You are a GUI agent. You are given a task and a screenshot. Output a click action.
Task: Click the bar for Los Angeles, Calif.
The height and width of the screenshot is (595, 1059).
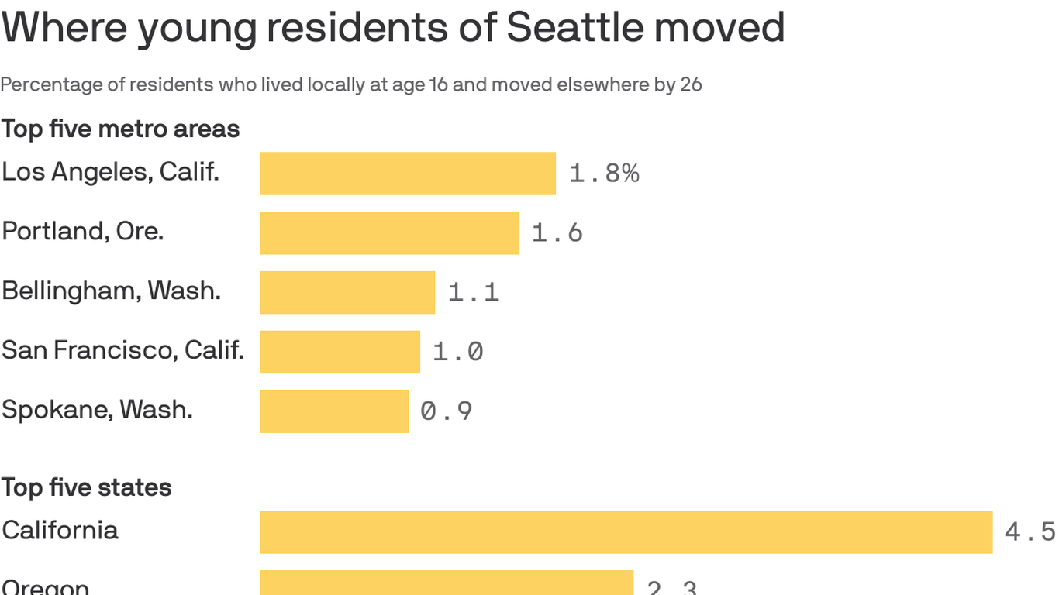pyautogui.click(x=407, y=173)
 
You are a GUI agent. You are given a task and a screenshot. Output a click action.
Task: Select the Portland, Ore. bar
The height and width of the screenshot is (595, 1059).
pyautogui.click(x=389, y=232)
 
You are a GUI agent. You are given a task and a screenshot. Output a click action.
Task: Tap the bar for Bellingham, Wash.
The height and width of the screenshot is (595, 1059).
pyautogui.click(x=347, y=292)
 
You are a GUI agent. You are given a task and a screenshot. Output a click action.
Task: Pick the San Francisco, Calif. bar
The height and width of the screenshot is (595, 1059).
pyautogui.click(x=340, y=352)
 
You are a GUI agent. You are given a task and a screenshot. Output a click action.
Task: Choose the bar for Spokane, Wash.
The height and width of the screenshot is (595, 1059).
pyautogui.click(x=333, y=411)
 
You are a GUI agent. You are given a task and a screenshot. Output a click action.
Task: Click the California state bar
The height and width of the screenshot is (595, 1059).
pyautogui.click(x=626, y=531)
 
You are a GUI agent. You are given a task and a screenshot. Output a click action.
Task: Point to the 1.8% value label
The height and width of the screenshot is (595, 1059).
pyautogui.click(x=604, y=174)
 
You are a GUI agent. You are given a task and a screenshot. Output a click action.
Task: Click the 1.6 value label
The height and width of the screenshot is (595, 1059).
pyautogui.click(x=557, y=232)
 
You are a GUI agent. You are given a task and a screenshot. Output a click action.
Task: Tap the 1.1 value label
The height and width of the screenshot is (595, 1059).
pyautogui.click(x=474, y=292)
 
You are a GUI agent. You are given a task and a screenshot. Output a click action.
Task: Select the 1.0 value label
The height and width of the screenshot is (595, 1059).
pyautogui.click(x=457, y=352)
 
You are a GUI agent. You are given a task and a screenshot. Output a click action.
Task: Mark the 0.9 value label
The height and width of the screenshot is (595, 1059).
pyautogui.click(x=446, y=411)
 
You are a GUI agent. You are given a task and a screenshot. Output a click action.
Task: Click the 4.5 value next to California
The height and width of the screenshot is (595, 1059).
pyautogui.click(x=1030, y=531)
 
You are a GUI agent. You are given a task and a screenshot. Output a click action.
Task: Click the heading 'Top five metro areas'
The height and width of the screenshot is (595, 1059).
pyautogui.click(x=120, y=129)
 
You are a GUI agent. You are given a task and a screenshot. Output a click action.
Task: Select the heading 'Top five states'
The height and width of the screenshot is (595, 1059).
pyautogui.click(x=86, y=487)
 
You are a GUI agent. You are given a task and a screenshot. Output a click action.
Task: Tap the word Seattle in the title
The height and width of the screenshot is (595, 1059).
pyautogui.click(x=574, y=27)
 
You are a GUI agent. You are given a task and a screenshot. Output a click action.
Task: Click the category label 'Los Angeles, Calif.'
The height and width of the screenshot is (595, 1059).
pyautogui.click(x=110, y=172)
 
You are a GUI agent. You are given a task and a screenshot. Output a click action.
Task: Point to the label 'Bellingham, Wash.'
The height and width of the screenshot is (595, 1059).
pyautogui.click(x=111, y=291)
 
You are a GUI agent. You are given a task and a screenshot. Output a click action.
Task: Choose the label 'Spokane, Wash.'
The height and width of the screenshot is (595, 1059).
pyautogui.click(x=97, y=409)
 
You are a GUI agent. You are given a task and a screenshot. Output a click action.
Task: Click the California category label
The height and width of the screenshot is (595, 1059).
pyautogui.click(x=60, y=530)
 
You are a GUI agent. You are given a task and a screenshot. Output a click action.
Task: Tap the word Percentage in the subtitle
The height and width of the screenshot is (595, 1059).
pyautogui.click(x=51, y=84)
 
